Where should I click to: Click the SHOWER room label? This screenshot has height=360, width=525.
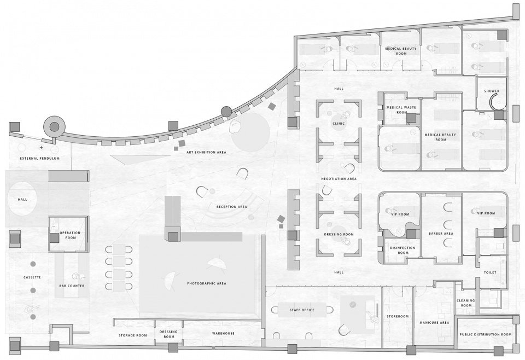[x=492, y=91]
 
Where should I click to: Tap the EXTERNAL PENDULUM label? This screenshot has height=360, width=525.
[x=40, y=159]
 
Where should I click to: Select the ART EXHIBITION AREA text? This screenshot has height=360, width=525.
[x=206, y=153]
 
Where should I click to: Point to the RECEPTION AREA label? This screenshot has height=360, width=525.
[x=232, y=207]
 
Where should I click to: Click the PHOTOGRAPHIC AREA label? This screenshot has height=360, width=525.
[x=207, y=283]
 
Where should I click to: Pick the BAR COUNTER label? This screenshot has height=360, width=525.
[x=72, y=286]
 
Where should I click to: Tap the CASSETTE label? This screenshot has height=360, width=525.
[x=32, y=277]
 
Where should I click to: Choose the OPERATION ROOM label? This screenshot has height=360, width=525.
[x=70, y=235]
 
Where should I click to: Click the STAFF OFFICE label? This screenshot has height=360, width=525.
[x=302, y=310]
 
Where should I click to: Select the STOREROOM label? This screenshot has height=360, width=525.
[x=398, y=316]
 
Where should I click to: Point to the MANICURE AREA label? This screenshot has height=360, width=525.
[x=434, y=323]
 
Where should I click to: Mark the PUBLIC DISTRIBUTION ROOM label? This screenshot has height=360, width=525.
[x=486, y=334]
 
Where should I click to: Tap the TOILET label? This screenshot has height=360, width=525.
[x=490, y=272]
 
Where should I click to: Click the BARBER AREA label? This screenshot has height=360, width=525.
[x=441, y=234]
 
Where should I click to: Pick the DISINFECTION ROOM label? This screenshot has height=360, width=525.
[x=403, y=250]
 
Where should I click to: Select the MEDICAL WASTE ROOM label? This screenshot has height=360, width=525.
[x=401, y=110]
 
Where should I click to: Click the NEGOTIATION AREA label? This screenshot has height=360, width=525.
[x=339, y=179]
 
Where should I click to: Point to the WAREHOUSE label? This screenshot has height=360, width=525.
[x=223, y=334]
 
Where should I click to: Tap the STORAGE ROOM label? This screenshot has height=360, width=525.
[x=132, y=335]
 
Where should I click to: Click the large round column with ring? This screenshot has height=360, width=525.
[x=54, y=126]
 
